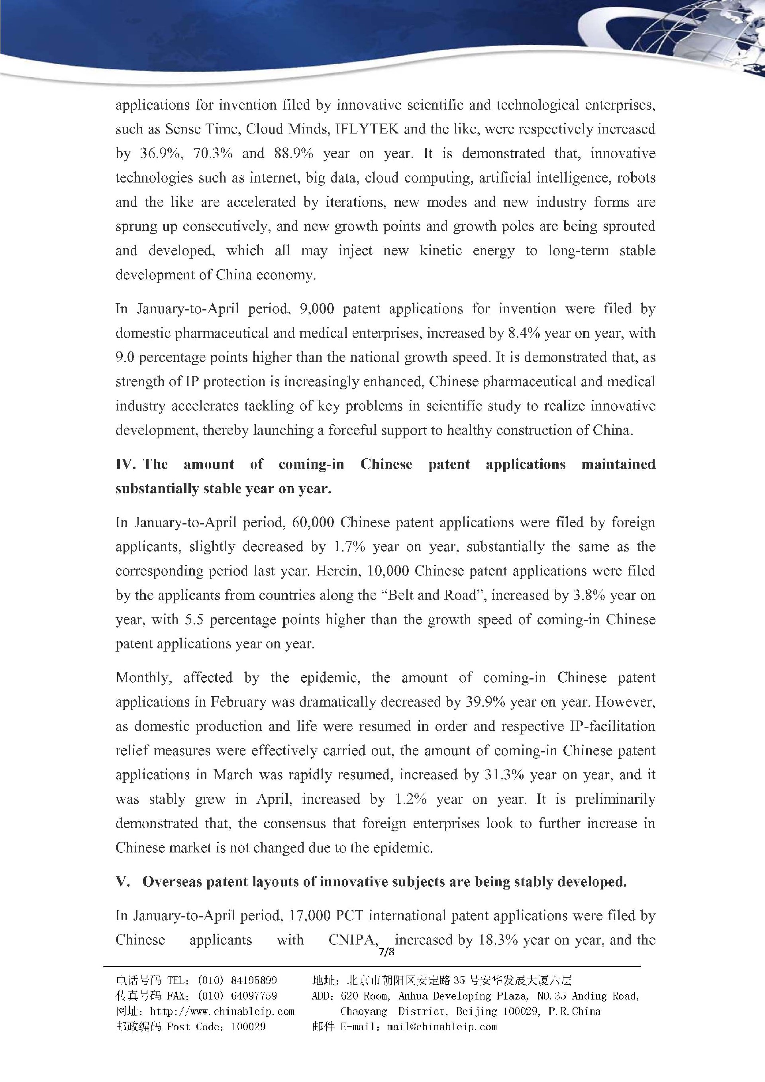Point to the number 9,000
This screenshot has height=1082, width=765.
tap(317, 309)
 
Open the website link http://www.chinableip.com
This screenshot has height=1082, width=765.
tap(222, 1011)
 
